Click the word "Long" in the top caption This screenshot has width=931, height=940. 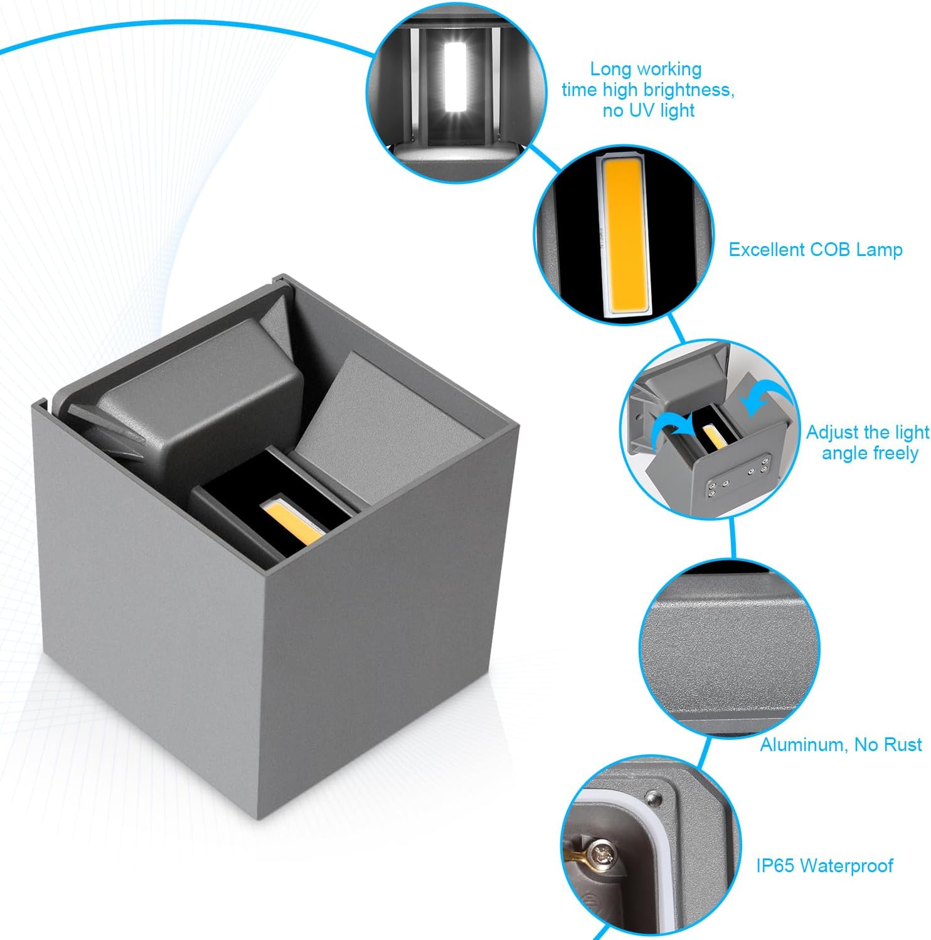[x=611, y=70]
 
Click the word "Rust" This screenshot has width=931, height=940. [x=902, y=745]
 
